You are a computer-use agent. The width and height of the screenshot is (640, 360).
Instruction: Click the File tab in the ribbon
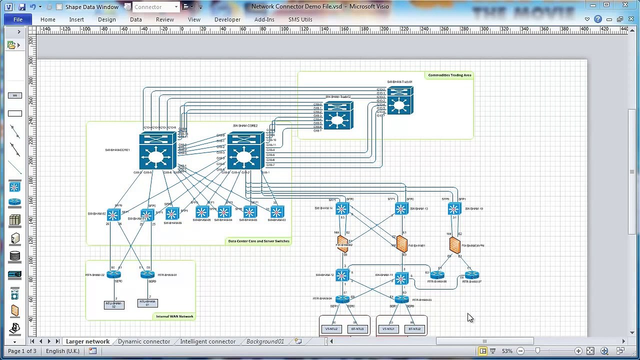click(x=18, y=19)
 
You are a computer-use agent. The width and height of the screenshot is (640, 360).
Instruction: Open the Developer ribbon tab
click(x=227, y=19)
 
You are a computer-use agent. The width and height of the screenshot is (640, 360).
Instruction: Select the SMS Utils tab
click(x=300, y=19)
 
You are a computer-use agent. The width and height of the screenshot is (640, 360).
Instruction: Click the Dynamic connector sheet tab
click(x=144, y=341)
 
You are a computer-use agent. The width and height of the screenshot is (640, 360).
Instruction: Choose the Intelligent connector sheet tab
click(x=207, y=341)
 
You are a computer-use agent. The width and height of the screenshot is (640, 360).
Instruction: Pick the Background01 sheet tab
click(x=265, y=341)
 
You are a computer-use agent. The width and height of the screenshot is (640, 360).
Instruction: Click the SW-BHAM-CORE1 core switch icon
click(x=157, y=151)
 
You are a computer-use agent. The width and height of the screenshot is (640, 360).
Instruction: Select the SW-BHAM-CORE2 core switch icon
click(x=245, y=151)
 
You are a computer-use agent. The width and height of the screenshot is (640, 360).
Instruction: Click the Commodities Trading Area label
click(x=449, y=75)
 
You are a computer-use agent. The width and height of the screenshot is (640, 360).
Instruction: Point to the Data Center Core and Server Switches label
click(x=258, y=241)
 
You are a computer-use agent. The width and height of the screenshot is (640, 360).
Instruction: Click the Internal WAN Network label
click(x=174, y=316)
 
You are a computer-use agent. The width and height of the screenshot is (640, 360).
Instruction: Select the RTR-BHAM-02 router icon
click(x=113, y=274)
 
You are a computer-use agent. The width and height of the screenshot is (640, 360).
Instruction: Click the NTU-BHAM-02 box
click(x=114, y=304)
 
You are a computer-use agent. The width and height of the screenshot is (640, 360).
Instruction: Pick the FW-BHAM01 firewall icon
click(x=401, y=244)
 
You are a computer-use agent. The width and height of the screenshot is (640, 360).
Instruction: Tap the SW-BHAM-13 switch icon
click(x=401, y=209)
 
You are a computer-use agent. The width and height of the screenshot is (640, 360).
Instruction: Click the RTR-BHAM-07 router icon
click(x=472, y=275)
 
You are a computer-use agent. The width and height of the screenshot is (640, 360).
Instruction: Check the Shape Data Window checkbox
click(x=59, y=7)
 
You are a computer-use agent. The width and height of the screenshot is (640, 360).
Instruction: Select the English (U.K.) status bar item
click(x=62, y=351)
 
